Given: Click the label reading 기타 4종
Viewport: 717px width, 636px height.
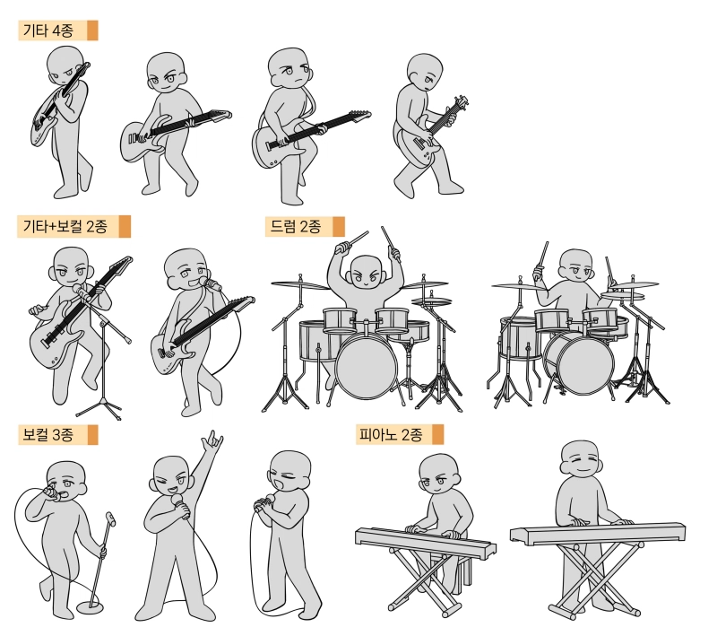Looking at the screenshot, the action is coord(48,30).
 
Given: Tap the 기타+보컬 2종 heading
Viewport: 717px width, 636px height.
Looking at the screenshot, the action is coord(65,226).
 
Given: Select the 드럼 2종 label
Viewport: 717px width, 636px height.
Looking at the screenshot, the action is coord(296,226).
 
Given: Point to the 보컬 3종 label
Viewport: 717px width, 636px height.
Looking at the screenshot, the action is coord(48,434).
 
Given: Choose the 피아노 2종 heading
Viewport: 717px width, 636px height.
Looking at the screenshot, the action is coord(391,434).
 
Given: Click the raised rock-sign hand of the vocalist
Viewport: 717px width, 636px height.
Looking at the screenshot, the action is coord(212,441).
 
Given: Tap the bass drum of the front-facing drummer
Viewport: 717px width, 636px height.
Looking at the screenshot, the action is coord(367,365).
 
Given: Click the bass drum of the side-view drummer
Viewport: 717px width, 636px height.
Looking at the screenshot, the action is coord(585,364).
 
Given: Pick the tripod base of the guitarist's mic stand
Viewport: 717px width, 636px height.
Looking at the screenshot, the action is coord(101,408).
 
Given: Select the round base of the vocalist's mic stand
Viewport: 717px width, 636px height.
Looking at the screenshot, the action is coord(91,607).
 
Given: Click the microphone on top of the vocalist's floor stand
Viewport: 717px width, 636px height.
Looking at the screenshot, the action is coord(110,518).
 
